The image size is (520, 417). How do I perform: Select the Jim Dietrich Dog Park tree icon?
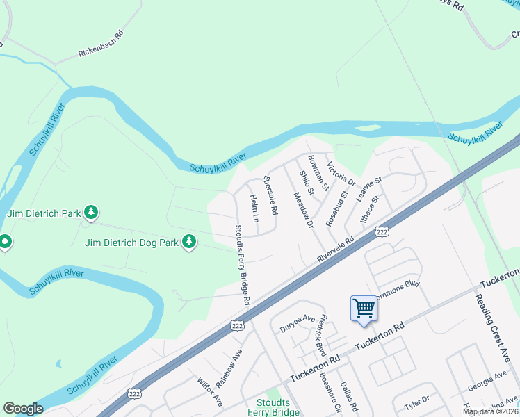[188, 241]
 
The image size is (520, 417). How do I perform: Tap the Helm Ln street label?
[254, 208]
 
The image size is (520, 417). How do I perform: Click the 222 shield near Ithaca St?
[381, 231]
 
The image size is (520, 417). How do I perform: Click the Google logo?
[23, 409]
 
